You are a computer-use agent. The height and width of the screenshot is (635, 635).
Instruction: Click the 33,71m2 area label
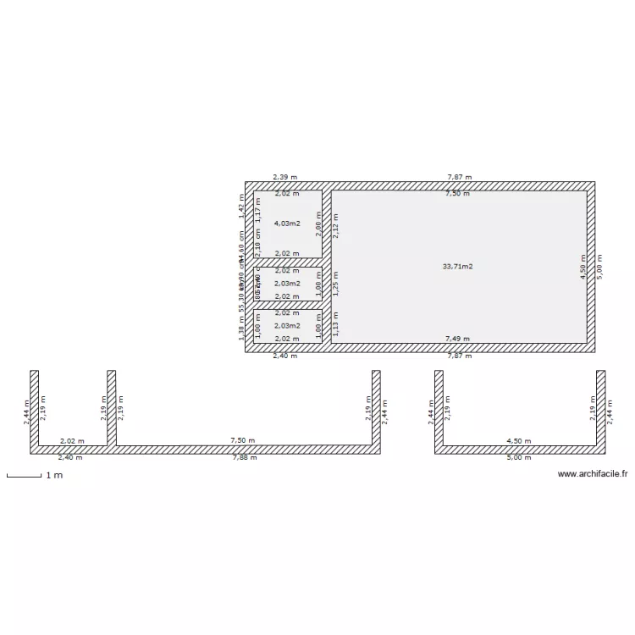[457, 267]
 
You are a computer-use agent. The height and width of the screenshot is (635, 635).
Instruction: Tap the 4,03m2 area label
[288, 224]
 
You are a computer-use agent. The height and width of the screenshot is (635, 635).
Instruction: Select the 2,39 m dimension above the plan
[284, 177]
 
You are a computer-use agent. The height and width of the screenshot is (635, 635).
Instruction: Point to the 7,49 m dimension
[458, 339]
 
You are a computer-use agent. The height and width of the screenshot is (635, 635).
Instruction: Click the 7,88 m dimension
[246, 457]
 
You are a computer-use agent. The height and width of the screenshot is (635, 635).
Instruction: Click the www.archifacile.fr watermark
[594, 475]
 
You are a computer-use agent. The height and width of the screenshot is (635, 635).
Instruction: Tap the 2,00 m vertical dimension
[318, 224]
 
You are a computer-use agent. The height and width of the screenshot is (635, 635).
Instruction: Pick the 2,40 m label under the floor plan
[284, 356]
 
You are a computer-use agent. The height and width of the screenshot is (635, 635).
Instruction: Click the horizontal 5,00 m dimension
[518, 457]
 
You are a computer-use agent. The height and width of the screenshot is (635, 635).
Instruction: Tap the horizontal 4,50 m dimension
[518, 441]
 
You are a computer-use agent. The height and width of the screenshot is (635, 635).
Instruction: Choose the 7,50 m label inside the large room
[458, 194]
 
